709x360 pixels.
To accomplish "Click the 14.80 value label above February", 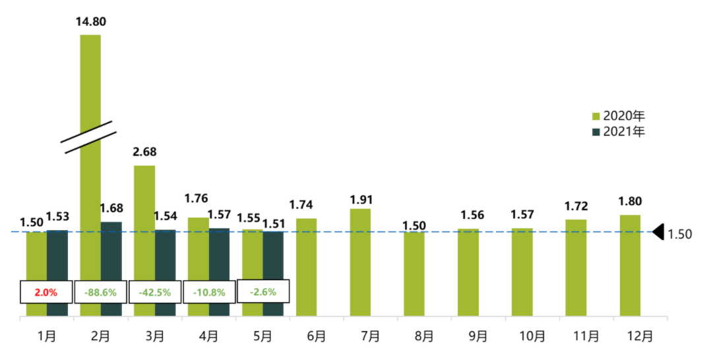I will pyautogui.click(x=91, y=22).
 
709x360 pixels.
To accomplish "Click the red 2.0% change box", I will pyautogui.click(x=46, y=291).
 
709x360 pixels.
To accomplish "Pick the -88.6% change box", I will pyautogui.click(x=100, y=291).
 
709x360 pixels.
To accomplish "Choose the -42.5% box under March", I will pyautogui.click(x=154, y=291).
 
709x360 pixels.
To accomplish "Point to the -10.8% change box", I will pyautogui.click(x=208, y=291).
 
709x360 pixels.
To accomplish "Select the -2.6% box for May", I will pyautogui.click(x=262, y=291).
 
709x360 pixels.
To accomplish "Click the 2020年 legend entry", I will pyautogui.click(x=619, y=117).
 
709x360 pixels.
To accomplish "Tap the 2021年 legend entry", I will pyautogui.click(x=619, y=131).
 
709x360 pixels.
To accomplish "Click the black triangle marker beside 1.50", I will pyautogui.click(x=658, y=232).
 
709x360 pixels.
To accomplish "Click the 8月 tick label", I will pyautogui.click(x=424, y=336).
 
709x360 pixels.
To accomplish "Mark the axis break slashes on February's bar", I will pyautogui.click(x=89, y=136).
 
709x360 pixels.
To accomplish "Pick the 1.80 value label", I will pyautogui.click(x=630, y=202).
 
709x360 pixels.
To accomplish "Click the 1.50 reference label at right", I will pyautogui.click(x=680, y=233).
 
